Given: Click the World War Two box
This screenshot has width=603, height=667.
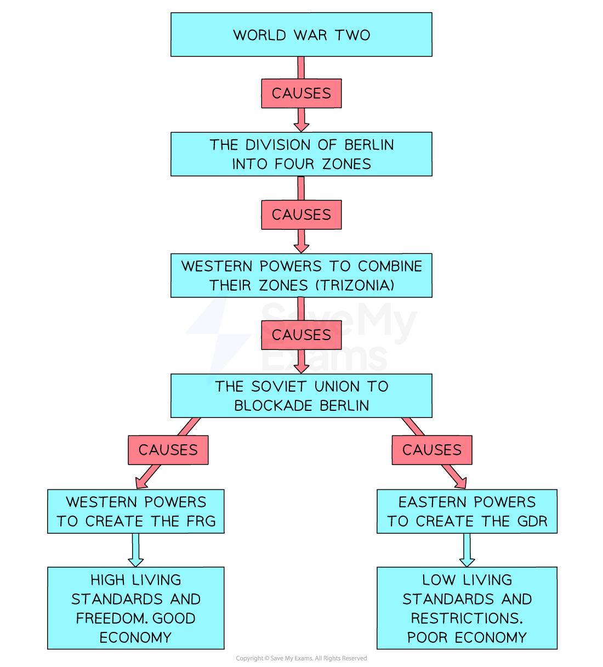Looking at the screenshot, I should pyautogui.click(x=301, y=35).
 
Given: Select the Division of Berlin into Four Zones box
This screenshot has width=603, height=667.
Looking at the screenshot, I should pyautogui.click(x=301, y=154).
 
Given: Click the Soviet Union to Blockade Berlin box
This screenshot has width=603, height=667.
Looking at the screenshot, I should pyautogui.click(x=301, y=395).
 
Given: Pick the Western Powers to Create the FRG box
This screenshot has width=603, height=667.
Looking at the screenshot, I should pyautogui.click(x=135, y=511).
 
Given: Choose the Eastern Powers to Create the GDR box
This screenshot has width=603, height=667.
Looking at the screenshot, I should pyautogui.click(x=467, y=511).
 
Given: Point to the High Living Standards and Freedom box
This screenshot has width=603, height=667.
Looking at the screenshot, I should pyautogui.click(x=135, y=608).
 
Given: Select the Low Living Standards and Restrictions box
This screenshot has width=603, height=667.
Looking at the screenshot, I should pyautogui.click(x=467, y=608).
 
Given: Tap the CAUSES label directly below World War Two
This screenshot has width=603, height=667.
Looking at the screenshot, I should pyautogui.click(x=301, y=93).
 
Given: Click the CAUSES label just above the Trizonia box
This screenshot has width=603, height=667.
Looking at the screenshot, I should pyautogui.click(x=301, y=214).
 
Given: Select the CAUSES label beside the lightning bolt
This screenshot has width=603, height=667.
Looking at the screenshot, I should pyautogui.click(x=301, y=335).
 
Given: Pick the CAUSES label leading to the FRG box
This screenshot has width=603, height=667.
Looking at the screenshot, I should pyautogui.click(x=168, y=450).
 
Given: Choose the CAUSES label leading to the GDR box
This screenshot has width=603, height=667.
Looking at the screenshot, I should pyautogui.click(x=432, y=450).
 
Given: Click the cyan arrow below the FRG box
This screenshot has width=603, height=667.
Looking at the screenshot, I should pyautogui.click(x=135, y=550).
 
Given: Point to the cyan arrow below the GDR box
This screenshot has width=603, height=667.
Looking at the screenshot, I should pyautogui.click(x=467, y=550).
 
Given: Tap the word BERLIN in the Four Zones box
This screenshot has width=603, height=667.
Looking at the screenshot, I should pyautogui.click(x=369, y=145).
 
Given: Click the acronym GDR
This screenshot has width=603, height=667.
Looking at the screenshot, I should pyautogui.click(x=532, y=521).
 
